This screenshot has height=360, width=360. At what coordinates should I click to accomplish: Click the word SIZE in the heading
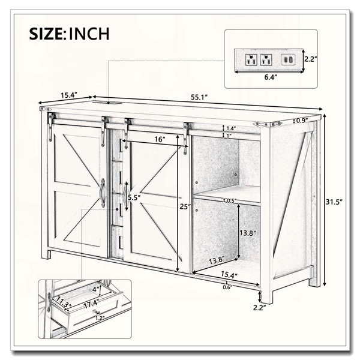click(46, 34)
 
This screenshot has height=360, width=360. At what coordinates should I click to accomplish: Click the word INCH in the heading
click(89, 34)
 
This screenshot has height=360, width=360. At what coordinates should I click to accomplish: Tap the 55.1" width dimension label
click(199, 97)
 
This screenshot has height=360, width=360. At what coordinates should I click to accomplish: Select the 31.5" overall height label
click(334, 202)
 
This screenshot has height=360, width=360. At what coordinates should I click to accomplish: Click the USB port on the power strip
click(287, 59)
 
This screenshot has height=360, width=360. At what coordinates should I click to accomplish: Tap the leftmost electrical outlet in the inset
click(251, 59)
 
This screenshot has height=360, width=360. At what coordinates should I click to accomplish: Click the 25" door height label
click(185, 206)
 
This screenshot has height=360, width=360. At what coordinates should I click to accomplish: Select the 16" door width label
click(160, 139)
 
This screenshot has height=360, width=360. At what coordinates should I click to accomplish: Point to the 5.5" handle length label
click(134, 197)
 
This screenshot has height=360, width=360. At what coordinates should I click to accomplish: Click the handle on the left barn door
click(103, 193)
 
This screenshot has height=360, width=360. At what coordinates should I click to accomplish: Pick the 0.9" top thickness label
click(302, 121)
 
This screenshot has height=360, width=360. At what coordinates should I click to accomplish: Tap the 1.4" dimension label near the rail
click(231, 128)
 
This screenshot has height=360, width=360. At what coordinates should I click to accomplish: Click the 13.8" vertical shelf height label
click(248, 233)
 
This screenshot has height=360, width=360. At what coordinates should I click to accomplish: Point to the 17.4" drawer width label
click(91, 305)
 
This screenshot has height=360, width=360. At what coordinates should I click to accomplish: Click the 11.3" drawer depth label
click(61, 302)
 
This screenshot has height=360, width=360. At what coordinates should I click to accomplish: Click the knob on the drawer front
click(96, 311)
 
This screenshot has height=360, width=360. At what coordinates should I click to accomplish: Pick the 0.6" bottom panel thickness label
click(228, 287)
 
